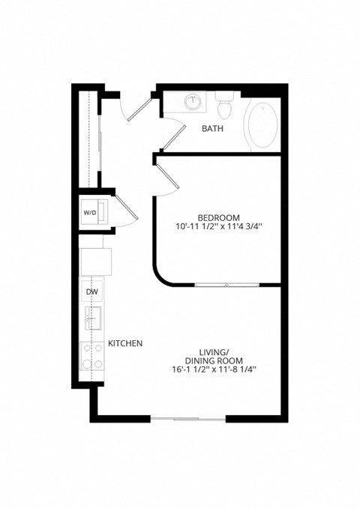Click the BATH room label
coord(212,128)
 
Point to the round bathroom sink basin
coord(194,100)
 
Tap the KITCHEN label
coord(125,343)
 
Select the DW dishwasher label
coord(92,291)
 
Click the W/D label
coord(90,213)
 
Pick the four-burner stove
coord(92,357)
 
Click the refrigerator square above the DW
coord(96,260)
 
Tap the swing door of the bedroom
coord(168,178)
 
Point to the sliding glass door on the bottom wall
coord(188,418)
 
